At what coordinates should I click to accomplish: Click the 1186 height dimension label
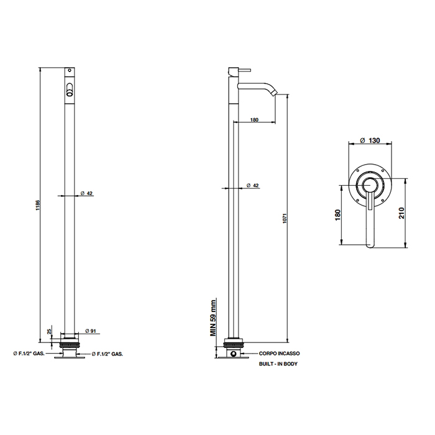pos(39,206)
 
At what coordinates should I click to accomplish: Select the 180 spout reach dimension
pos(254,120)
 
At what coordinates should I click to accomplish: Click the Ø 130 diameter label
pos(370,140)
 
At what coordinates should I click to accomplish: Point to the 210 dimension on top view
pos(401,213)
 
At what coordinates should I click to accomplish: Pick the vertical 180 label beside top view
pos(337,215)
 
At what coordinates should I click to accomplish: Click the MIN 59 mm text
pos(213,318)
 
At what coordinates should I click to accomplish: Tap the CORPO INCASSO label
pos(280,354)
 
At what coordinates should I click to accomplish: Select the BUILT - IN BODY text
pos(278,364)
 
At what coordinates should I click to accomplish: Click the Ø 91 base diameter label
pos(91,331)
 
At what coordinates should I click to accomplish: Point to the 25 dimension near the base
pos(50,331)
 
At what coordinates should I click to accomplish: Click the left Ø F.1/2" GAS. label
pos(29,354)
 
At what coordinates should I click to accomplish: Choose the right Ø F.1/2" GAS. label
pos(108,354)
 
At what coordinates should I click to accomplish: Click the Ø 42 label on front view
pos(86,193)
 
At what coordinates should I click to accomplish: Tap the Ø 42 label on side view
pos(252,185)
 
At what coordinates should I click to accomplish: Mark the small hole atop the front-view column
pos(70,70)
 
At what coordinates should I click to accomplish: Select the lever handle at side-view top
pos(244,70)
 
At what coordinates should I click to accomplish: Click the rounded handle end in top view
pos(370,245)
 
